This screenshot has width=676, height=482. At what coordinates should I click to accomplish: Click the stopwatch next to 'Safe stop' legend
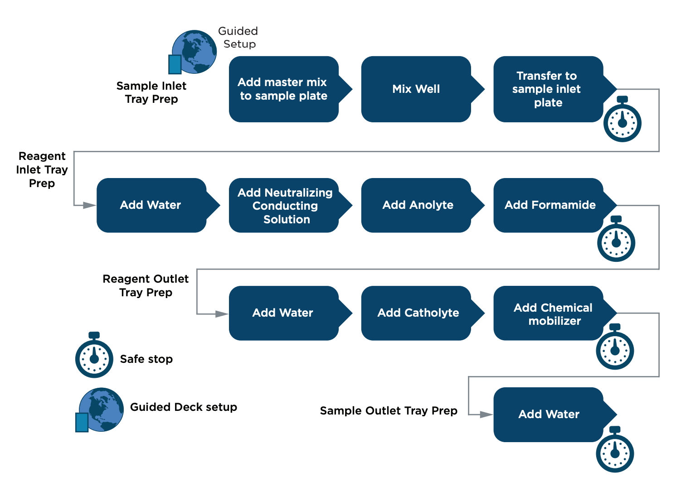pyautogui.click(x=94, y=355)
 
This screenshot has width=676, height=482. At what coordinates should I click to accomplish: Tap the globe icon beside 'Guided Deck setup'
pyautogui.click(x=100, y=410)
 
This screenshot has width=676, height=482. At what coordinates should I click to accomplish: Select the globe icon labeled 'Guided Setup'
pyautogui.click(x=193, y=52)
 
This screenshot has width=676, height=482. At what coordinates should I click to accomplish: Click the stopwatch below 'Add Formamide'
pyautogui.click(x=616, y=239)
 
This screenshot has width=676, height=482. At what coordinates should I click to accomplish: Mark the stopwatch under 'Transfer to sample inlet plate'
pyautogui.click(x=623, y=119)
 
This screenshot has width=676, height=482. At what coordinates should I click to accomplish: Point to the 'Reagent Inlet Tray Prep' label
pyautogui.click(x=42, y=169)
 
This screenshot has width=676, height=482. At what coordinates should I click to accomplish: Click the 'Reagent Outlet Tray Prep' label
pyautogui.click(x=146, y=286)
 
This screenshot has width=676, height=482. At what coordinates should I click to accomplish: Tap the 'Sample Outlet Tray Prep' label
pyautogui.click(x=389, y=410)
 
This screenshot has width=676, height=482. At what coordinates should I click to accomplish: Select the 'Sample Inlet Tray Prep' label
pyautogui.click(x=151, y=92)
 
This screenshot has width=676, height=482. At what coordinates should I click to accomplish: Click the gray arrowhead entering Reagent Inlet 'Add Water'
pyautogui.click(x=89, y=205)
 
